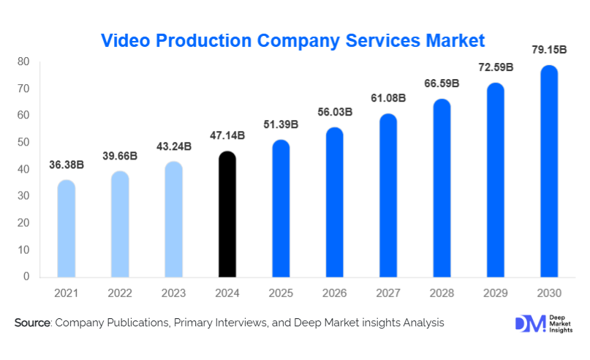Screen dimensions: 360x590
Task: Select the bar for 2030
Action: [549, 171]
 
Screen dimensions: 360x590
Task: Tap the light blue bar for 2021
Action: [67, 228]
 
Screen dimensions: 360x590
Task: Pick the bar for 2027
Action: [388, 195]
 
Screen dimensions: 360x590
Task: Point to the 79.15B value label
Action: [549, 50]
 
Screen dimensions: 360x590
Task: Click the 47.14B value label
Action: [227, 136]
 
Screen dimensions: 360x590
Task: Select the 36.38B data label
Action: [67, 165]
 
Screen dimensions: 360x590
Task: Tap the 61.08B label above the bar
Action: [388, 98]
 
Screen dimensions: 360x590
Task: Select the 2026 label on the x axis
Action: [335, 293]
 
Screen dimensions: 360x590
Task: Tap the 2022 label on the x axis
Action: [120, 293]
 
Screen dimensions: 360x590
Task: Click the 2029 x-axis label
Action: [496, 293]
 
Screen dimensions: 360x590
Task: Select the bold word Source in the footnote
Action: [32, 323]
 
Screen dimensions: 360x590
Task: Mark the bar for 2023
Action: [174, 220]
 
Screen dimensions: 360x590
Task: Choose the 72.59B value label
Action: [496, 67]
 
